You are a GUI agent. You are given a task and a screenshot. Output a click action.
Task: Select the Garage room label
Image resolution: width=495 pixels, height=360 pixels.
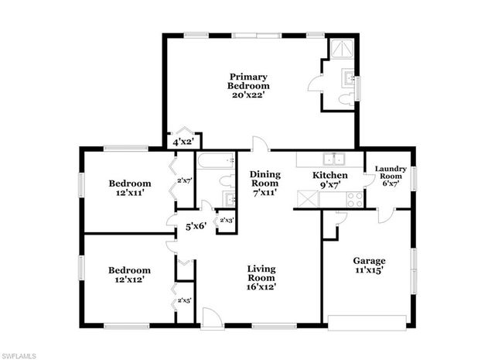369,266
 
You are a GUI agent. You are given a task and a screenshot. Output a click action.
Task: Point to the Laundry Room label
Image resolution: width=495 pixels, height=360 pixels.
391,177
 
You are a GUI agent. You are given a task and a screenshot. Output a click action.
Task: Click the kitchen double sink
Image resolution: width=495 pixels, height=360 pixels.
335,159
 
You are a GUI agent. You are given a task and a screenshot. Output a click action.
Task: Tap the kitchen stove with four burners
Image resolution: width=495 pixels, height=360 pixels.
353,197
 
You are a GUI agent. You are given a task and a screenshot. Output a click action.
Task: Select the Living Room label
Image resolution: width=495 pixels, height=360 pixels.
261,278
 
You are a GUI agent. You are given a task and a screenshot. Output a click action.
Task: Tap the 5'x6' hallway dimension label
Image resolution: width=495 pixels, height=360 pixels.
195,228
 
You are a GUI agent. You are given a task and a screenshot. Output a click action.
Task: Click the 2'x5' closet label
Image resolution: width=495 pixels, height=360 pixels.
185,300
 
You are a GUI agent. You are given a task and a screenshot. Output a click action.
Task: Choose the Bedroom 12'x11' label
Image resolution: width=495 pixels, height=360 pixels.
129,188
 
